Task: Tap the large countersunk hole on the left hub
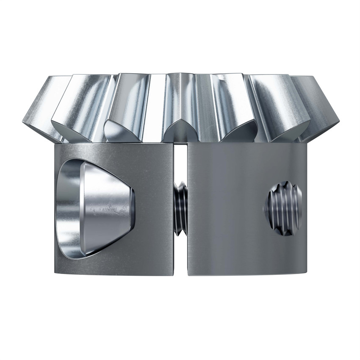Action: pyautogui.click(x=95, y=208)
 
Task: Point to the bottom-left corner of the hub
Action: pyautogui.click(x=55, y=273)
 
